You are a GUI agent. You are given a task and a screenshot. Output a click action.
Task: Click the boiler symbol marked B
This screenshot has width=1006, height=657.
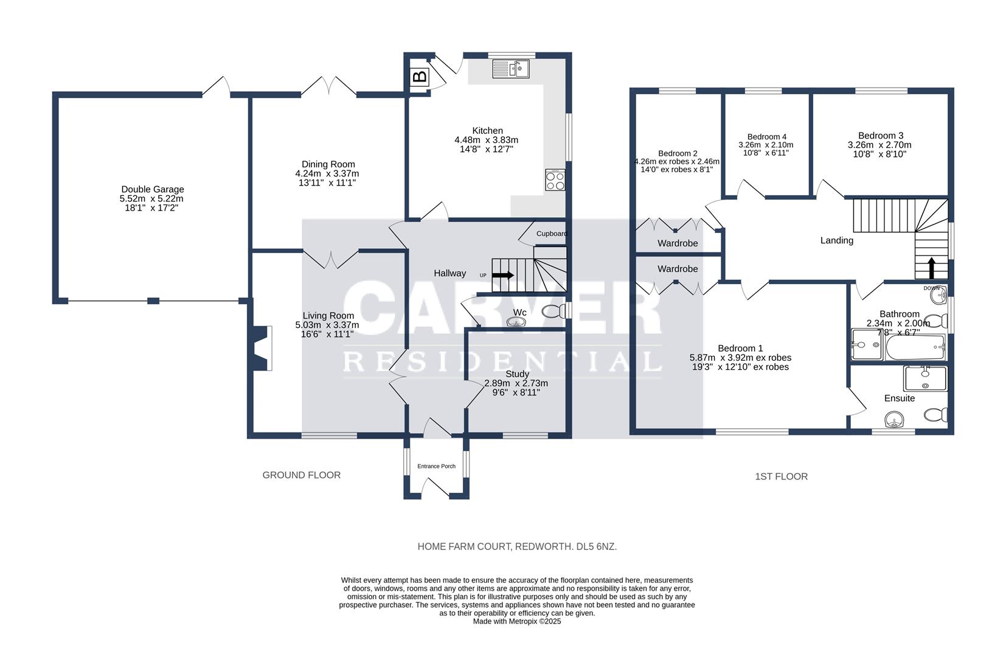420,77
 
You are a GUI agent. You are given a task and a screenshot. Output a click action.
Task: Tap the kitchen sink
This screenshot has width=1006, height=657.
511,69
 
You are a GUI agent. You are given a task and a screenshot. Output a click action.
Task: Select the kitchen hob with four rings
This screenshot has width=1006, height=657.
555,179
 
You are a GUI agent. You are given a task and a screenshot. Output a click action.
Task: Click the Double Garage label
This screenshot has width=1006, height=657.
152,189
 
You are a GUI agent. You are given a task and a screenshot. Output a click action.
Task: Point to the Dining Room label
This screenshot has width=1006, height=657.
328,164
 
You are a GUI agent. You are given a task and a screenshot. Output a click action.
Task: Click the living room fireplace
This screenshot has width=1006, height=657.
262,349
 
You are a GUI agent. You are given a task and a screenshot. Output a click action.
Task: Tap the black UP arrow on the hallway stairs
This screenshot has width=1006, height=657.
503,275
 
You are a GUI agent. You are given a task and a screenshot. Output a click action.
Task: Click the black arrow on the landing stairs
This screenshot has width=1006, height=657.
931,268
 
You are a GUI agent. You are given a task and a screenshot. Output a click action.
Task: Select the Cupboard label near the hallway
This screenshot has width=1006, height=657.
552,234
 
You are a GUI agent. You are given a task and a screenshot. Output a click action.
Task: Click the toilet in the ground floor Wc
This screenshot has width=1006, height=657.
553,311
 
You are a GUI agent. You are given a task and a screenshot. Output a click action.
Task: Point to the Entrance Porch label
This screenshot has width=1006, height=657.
436,466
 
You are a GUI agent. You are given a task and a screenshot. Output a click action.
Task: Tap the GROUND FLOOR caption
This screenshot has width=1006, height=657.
301,475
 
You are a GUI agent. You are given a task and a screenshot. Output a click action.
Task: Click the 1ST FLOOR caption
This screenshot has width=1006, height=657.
781,476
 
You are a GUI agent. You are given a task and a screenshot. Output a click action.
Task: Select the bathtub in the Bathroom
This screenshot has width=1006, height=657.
915,347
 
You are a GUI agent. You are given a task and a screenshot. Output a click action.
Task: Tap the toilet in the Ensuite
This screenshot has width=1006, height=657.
935,414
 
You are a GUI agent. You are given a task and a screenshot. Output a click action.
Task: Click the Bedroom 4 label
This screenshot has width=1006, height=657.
766,136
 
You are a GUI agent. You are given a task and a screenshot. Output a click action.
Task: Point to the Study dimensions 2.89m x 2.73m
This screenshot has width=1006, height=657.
516,383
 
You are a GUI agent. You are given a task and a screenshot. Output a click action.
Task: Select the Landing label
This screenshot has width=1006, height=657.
836,240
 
